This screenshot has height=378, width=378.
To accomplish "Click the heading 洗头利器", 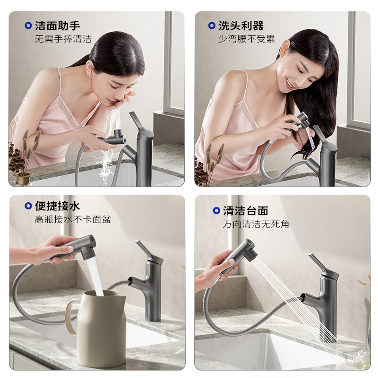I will (241, 26).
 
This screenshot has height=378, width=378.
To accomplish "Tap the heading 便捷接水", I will (58, 206).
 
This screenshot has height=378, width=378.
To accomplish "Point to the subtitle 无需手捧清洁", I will (63, 39).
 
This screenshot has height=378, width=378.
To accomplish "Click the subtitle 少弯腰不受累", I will (246, 39).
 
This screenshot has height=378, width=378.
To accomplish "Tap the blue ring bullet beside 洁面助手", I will (28, 26).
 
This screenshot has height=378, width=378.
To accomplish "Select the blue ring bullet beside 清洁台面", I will (216, 211).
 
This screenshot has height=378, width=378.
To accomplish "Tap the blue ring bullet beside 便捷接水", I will (28, 206).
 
